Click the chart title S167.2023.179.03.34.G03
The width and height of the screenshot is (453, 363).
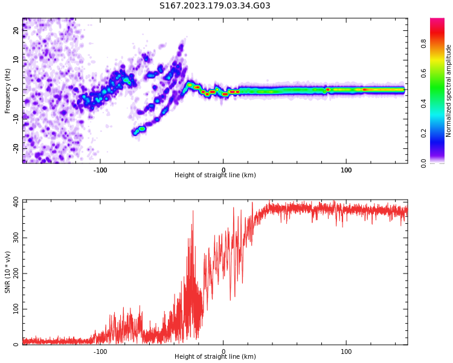(x=214, y=6)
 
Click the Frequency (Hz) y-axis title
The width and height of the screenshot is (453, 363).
(x=8, y=90)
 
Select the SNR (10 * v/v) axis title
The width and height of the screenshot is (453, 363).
(x=8, y=272)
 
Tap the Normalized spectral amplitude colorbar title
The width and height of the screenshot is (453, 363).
(x=449, y=90)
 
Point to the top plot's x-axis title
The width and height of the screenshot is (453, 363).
(x=215, y=175)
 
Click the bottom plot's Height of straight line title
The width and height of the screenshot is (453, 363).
(x=215, y=357)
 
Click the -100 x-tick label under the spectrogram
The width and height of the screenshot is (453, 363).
(x=100, y=170)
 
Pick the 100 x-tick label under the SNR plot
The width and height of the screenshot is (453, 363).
(x=346, y=352)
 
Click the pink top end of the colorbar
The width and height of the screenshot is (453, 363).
(x=437, y=21)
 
